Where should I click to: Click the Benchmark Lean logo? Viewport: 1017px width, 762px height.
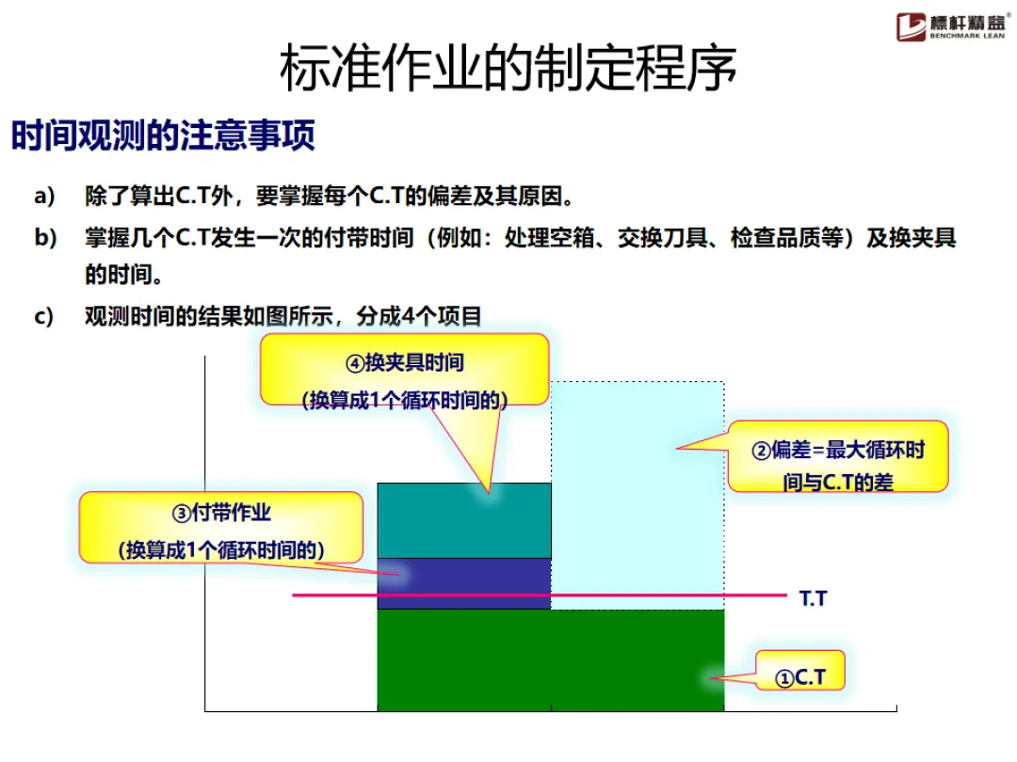point(952,24)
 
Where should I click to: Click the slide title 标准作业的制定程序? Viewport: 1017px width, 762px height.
point(508,68)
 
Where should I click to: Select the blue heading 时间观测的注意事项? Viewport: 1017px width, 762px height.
point(163,136)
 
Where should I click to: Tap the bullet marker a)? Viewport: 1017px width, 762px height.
point(45,197)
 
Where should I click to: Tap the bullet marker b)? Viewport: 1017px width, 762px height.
point(45,237)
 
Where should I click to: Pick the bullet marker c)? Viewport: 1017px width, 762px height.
point(45,316)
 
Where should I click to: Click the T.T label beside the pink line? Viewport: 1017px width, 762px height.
point(813,597)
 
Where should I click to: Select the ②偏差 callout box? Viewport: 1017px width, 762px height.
point(837,466)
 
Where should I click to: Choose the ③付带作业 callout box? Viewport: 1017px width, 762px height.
point(221,531)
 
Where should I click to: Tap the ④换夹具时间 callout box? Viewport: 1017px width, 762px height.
point(405,379)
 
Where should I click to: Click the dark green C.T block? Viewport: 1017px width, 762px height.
point(550,659)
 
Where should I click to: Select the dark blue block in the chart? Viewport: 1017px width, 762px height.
point(463,575)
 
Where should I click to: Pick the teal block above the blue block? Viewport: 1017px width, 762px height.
point(463,520)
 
